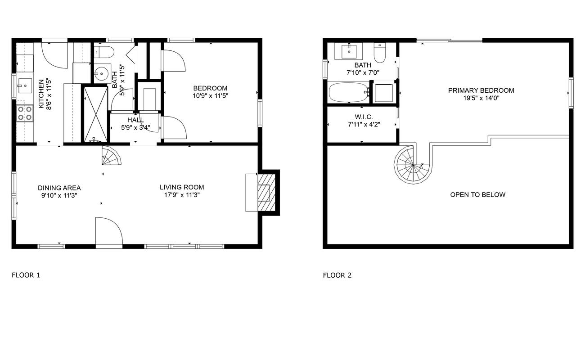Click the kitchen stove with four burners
(25, 113)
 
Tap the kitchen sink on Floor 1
(25, 85)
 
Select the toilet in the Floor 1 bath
(104, 52)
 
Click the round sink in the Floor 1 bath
(102, 74)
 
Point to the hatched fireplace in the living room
(266, 193)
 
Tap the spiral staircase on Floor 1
(111, 156)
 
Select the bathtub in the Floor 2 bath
(348, 92)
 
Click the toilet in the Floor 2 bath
(380, 53)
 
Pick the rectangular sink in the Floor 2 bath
(349, 51)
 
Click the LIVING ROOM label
(182, 187)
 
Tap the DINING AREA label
(59, 188)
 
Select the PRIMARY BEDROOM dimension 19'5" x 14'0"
(481, 98)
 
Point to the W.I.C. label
(364, 117)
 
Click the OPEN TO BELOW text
(477, 195)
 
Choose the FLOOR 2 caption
(337, 275)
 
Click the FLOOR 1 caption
(26, 275)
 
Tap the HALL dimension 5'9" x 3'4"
(135, 127)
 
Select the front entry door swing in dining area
(109, 231)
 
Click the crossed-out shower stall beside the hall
(95, 114)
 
